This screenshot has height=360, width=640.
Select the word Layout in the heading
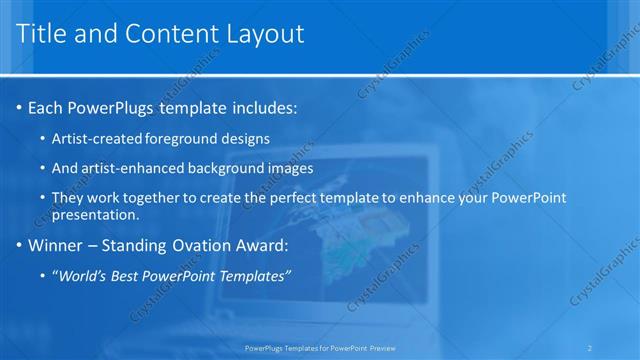click(x=263, y=34)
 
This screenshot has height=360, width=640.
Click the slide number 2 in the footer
click(x=590, y=348)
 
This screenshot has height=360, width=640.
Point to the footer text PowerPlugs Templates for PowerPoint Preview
click(x=320, y=348)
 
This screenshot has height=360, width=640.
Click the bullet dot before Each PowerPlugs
click(x=19, y=107)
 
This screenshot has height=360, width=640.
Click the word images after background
click(x=291, y=168)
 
